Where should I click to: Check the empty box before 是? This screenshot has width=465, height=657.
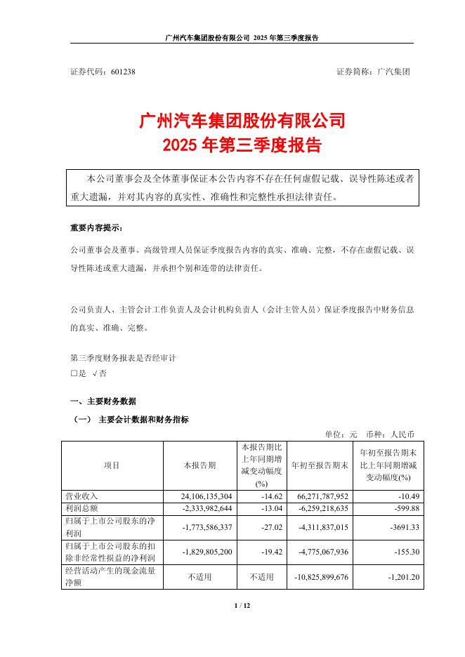[x=74, y=374]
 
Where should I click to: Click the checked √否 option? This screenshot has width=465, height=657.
[x=99, y=374]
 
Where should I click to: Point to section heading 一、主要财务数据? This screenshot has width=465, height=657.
[x=103, y=401]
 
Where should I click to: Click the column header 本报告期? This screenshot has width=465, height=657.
[x=199, y=465]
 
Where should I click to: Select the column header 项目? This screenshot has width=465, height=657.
[x=112, y=465]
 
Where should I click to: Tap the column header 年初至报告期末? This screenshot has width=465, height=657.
[x=320, y=465]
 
